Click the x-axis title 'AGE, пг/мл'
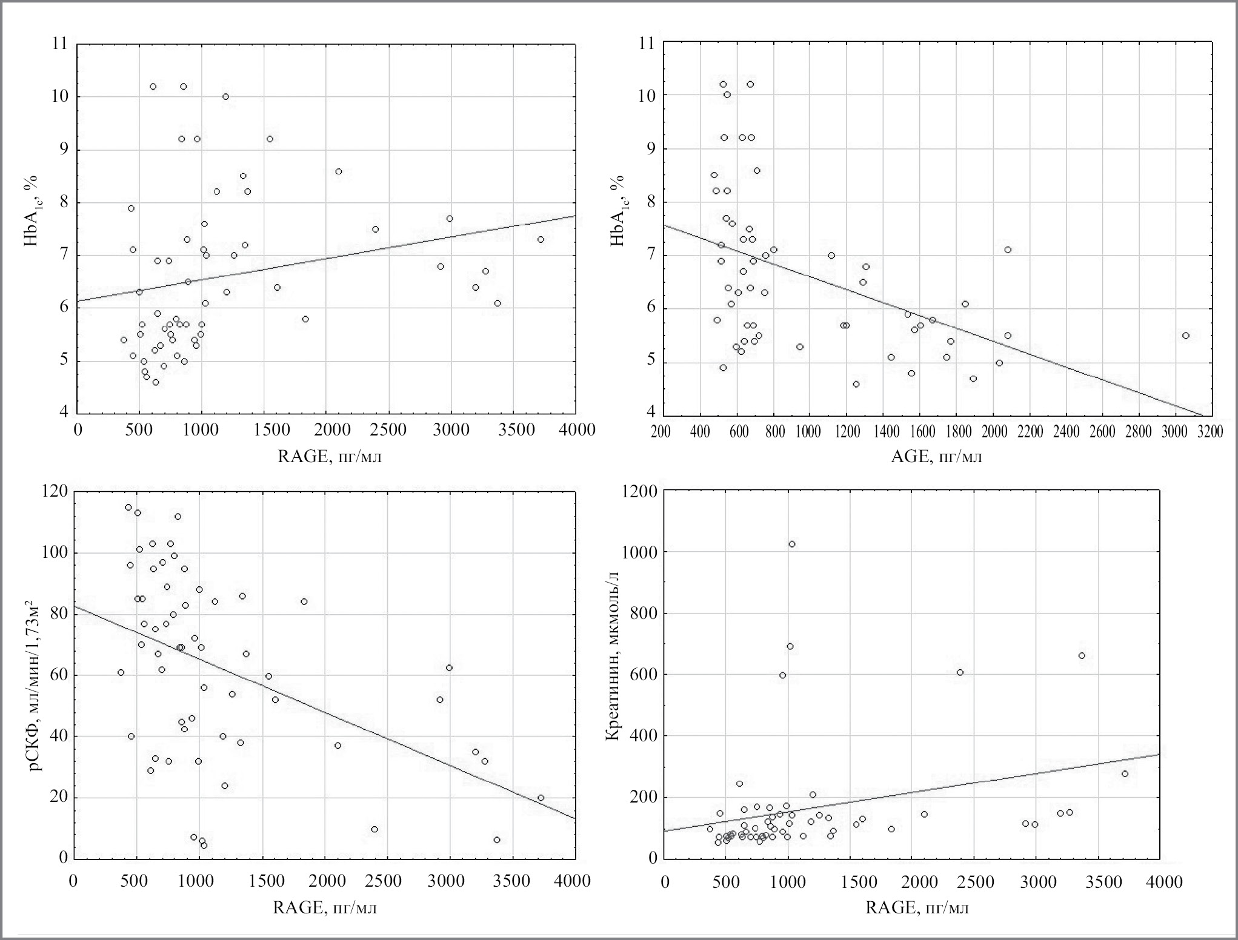(936, 456)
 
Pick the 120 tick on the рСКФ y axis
(55, 491)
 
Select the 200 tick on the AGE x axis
(661, 431)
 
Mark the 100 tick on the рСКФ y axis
(55, 553)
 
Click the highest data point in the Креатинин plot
(791, 544)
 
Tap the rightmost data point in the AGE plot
(1185, 336)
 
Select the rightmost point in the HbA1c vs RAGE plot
(541, 240)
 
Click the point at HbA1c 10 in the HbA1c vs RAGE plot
(225, 96)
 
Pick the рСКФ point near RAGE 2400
(374, 829)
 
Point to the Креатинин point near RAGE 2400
(960, 672)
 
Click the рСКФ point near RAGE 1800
(304, 601)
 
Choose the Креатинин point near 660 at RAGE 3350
(1082, 655)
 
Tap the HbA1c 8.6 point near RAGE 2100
(339, 171)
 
